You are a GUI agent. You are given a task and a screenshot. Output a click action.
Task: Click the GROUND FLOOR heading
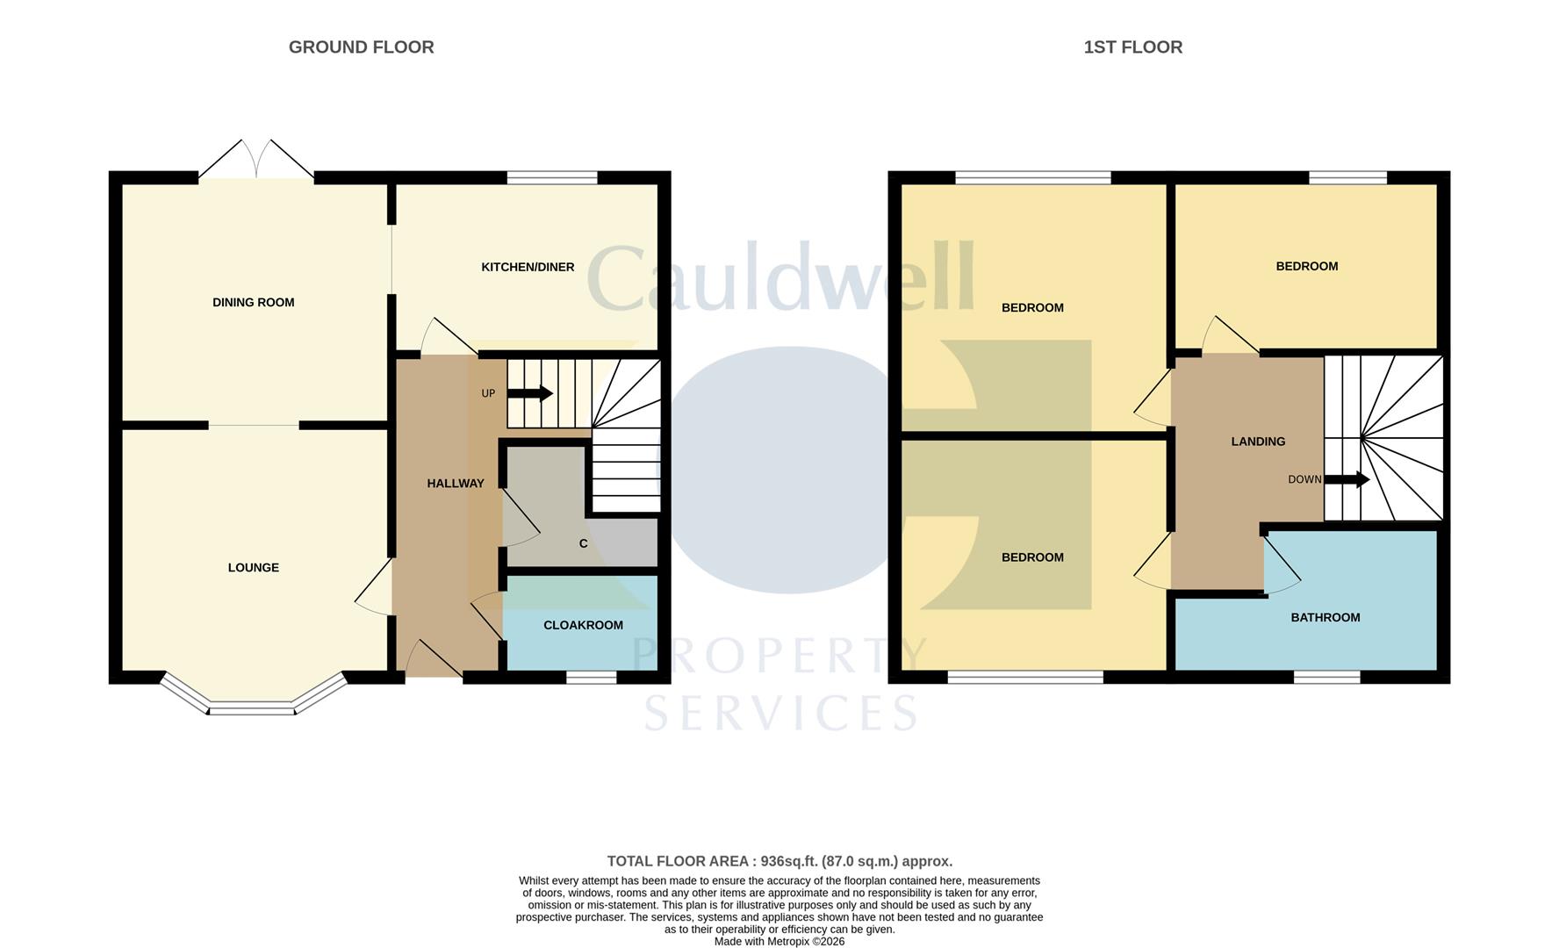coord(361,47)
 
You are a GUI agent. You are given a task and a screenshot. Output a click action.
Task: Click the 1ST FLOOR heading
coord(1132,47)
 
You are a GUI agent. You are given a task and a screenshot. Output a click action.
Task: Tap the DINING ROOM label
coord(253,303)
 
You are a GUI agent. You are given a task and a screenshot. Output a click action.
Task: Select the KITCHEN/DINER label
coord(528,267)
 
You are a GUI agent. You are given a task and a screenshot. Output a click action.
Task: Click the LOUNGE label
coord(253,568)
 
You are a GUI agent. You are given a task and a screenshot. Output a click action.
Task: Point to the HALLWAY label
coord(455,484)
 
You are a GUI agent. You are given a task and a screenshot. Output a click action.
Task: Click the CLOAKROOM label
coord(583,625)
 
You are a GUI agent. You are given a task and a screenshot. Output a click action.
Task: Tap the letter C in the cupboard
coord(583,544)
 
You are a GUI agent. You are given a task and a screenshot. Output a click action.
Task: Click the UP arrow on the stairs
coord(529,393)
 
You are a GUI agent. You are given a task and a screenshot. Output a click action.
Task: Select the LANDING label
coord(1257,442)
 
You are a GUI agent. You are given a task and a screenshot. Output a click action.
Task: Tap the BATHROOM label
coord(1325,618)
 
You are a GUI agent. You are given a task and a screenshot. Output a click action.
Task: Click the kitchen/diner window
coord(552,177)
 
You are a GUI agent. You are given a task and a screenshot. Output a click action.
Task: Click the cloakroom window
coord(591,678)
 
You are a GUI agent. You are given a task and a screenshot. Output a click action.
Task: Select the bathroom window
coord(1326,678)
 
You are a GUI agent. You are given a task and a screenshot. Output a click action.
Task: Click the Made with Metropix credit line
coord(779,941)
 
